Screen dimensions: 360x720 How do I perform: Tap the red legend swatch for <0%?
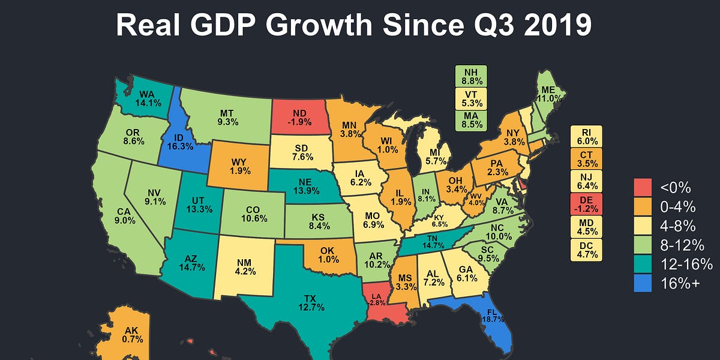[x=643, y=187]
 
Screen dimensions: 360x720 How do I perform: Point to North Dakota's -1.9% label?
[x=301, y=118]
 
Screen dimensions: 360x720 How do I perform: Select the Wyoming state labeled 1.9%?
[x=239, y=166]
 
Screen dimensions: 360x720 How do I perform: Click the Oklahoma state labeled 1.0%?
[x=326, y=254]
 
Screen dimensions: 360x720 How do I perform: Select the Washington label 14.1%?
[x=148, y=98]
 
